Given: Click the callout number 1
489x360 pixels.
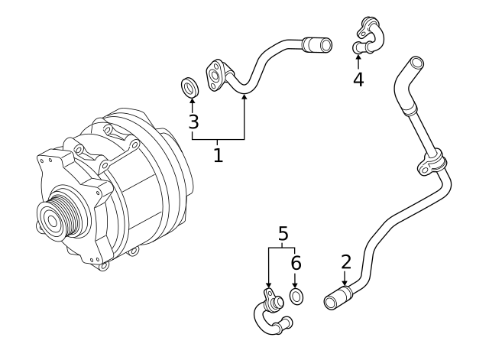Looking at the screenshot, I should (x=218, y=156).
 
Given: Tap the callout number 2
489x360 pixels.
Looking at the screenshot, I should (x=346, y=262).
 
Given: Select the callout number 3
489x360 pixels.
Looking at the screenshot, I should (x=193, y=122).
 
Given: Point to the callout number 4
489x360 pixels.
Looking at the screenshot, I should (x=358, y=79).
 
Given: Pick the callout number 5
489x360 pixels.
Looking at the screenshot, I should (x=283, y=234).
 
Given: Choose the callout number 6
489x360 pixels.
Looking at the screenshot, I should (x=296, y=264).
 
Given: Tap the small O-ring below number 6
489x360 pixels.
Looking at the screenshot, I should (x=296, y=297).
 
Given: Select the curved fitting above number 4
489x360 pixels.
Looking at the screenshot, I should (x=368, y=36).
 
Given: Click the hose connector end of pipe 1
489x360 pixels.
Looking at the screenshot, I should (x=318, y=45).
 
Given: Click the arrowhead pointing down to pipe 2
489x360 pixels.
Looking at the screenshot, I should (x=345, y=283).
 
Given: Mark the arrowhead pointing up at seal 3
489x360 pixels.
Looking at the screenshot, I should (x=192, y=102).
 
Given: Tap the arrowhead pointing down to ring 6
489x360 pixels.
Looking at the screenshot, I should (x=296, y=283).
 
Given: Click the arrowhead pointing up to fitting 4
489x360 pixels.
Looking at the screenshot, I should (x=358, y=57).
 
